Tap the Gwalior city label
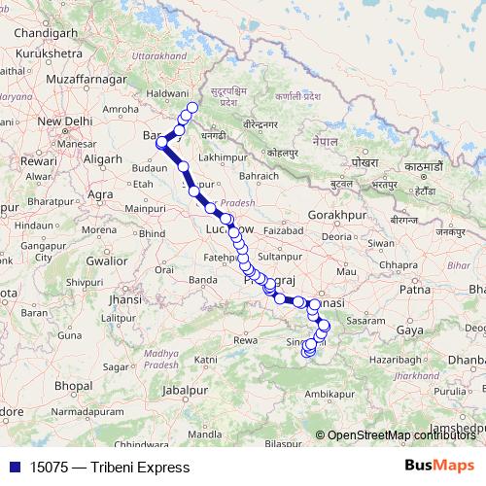click(x=106, y=260)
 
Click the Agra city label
click(x=100, y=194)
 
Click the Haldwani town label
click(x=167, y=89)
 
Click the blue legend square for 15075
click(x=12, y=468)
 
